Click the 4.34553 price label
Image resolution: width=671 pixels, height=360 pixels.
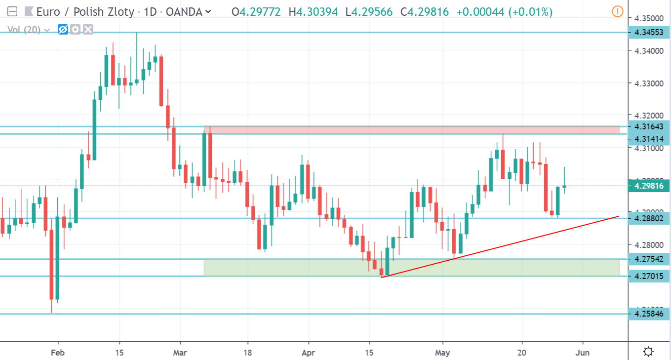(648, 33)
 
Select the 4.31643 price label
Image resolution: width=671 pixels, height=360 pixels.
(648, 127)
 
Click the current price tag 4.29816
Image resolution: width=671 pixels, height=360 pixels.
(648, 186)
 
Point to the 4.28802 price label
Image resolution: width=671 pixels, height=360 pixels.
(648, 218)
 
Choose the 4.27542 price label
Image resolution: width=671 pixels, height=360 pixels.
(648, 258)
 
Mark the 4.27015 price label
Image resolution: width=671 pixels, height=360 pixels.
(648, 275)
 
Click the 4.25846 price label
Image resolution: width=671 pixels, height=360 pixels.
(648, 313)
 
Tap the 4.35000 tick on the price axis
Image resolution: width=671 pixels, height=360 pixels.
(648, 18)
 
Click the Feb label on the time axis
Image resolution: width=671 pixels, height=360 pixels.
(58, 353)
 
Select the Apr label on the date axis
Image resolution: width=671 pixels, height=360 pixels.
(308, 353)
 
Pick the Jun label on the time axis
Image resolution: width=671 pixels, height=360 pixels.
(583, 353)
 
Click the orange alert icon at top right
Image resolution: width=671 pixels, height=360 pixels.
(617, 11)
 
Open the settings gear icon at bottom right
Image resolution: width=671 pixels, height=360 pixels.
(648, 352)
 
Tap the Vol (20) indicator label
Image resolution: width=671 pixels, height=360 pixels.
(26, 30)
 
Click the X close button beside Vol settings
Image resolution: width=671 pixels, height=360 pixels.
(88, 30)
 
